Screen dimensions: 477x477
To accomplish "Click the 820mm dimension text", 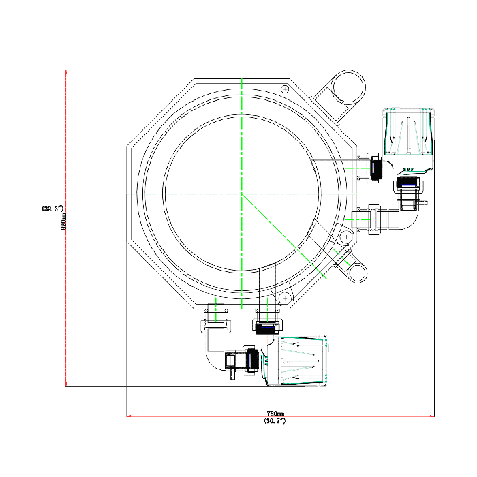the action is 64,221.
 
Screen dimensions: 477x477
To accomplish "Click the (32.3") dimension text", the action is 52,209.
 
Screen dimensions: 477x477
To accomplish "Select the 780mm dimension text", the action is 275,414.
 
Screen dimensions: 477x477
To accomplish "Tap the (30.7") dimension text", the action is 275,421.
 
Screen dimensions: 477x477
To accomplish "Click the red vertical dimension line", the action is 65,228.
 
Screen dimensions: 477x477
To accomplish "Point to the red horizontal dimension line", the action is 280,416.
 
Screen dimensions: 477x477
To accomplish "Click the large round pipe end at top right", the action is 349,87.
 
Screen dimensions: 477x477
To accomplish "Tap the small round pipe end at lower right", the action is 358,273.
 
